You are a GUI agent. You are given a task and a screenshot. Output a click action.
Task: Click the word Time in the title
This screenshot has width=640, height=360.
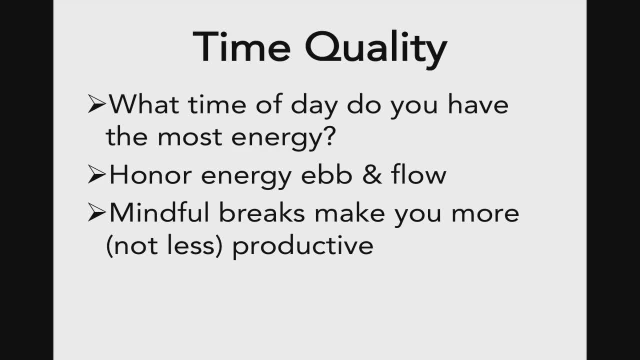(241, 46)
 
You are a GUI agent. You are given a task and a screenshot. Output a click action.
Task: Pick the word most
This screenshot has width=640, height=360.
(189, 137)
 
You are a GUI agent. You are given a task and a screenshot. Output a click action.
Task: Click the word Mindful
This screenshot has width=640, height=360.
(159, 212)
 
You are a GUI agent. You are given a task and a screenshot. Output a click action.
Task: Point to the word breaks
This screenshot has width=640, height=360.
(262, 212)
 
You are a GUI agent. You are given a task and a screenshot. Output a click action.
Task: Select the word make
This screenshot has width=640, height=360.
(349, 212)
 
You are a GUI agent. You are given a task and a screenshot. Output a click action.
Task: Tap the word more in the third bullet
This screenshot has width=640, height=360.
(485, 214)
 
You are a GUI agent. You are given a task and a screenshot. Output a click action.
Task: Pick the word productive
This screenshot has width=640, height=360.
(303, 246)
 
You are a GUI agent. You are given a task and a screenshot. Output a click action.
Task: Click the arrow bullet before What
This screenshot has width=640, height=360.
(96, 104)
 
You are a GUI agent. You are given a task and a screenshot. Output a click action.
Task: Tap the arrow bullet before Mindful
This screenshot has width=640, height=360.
(96, 212)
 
